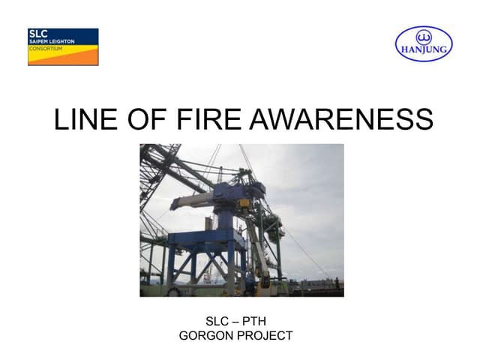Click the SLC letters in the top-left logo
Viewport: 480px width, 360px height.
coord(37,34)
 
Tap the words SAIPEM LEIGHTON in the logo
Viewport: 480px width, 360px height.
coord(47,40)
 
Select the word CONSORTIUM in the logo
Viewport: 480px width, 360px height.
coord(43,46)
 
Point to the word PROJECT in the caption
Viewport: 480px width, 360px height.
coord(265,335)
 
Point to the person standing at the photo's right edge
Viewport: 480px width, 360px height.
coord(337,283)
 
